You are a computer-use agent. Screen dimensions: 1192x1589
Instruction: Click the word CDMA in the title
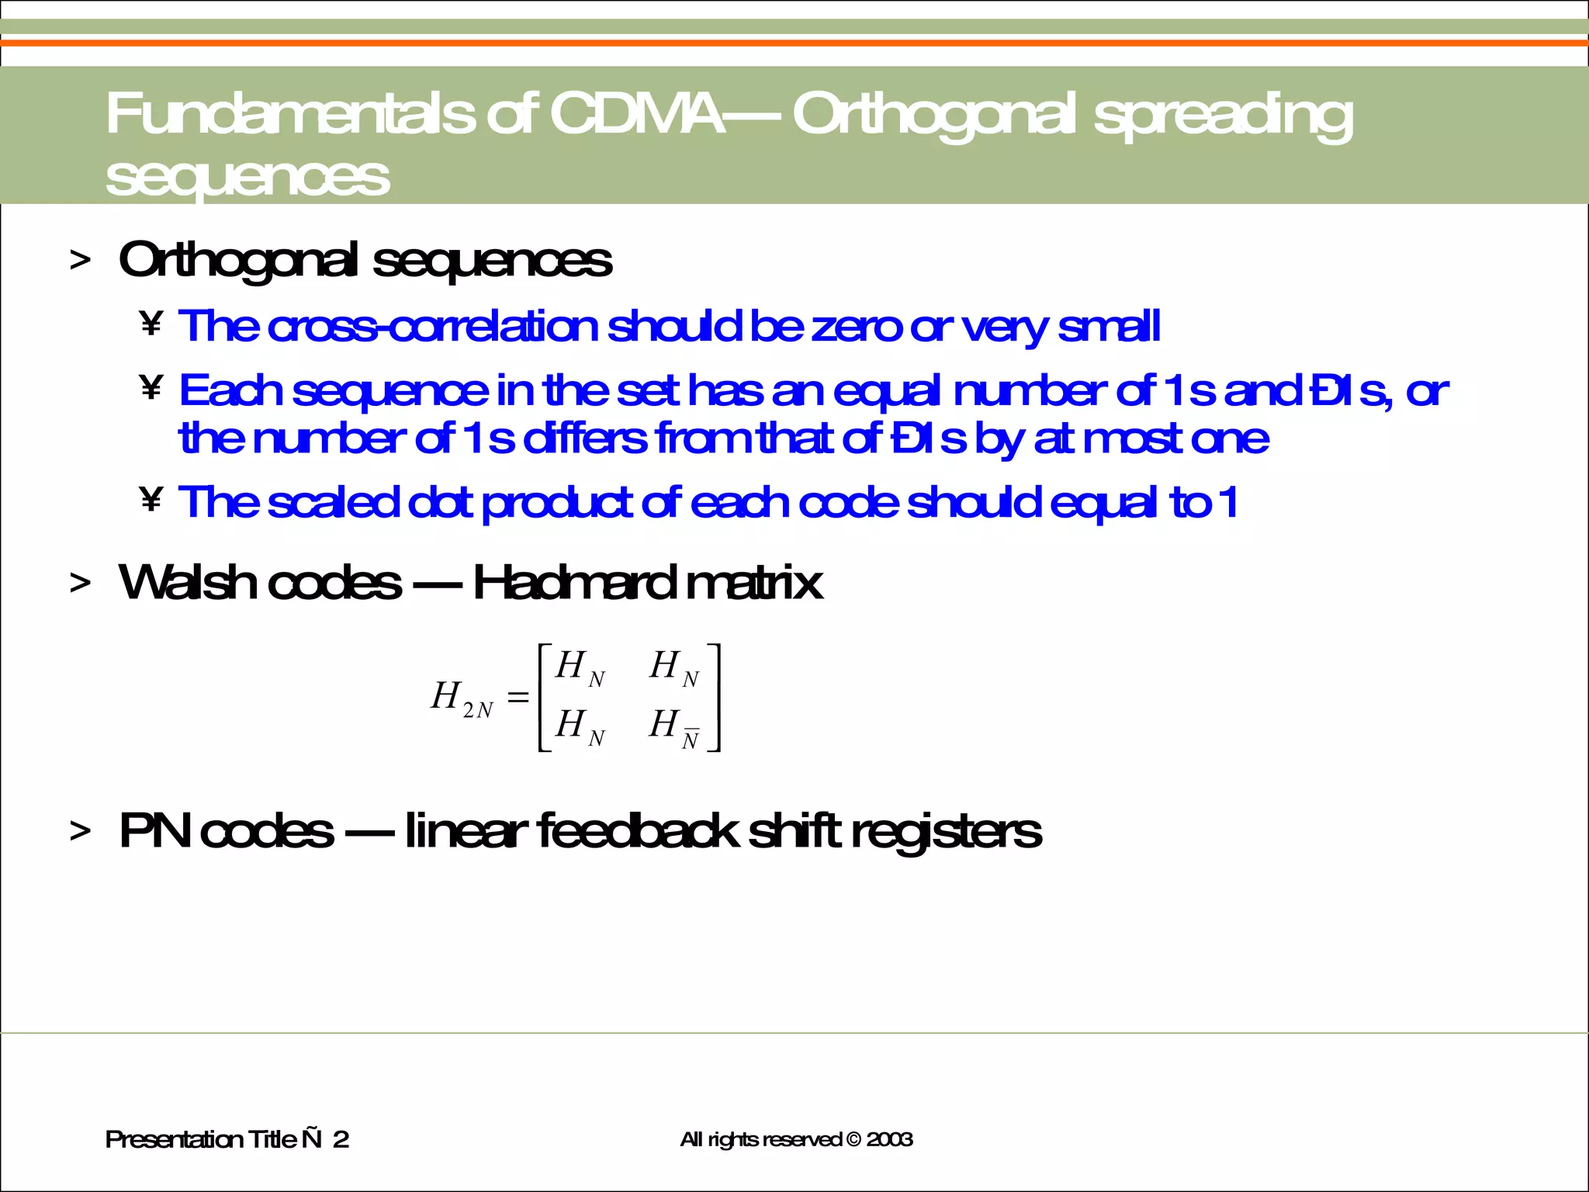coord(636,114)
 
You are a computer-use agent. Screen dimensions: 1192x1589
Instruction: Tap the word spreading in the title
coord(1223,116)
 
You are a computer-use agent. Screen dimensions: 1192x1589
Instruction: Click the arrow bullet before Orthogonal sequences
coord(80,261)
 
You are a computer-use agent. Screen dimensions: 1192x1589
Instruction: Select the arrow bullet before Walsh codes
coord(80,583)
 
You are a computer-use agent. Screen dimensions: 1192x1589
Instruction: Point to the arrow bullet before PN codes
coord(80,832)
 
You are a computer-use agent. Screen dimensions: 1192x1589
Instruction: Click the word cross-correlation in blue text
coord(433,326)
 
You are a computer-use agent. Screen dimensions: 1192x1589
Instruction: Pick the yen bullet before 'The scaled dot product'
coord(151,500)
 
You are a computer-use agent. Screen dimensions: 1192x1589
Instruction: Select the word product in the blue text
coord(557,504)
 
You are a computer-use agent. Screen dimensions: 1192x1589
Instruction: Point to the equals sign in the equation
coord(518,697)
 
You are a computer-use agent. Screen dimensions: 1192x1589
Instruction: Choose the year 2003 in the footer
coord(889,1139)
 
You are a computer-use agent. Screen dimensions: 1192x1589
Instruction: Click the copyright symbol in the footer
coord(853,1139)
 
